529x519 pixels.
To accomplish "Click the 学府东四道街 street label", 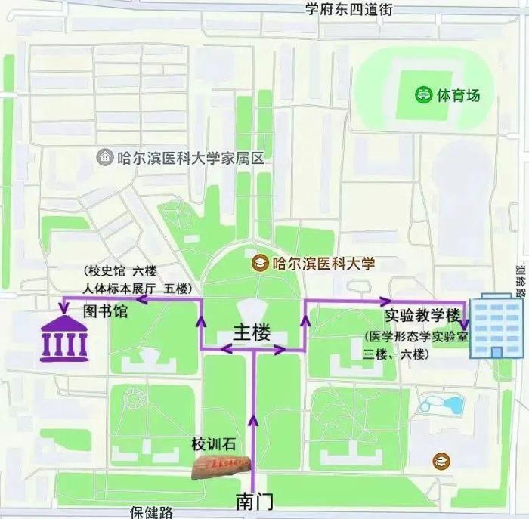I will tap(348, 9).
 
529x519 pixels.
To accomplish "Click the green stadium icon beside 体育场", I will tap(425, 96).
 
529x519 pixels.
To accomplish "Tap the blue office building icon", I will tap(495, 327).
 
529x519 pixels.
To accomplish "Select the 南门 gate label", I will tap(254, 500).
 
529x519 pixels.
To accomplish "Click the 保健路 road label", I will tap(152, 512).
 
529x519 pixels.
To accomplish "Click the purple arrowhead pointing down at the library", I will tap(64, 307).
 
